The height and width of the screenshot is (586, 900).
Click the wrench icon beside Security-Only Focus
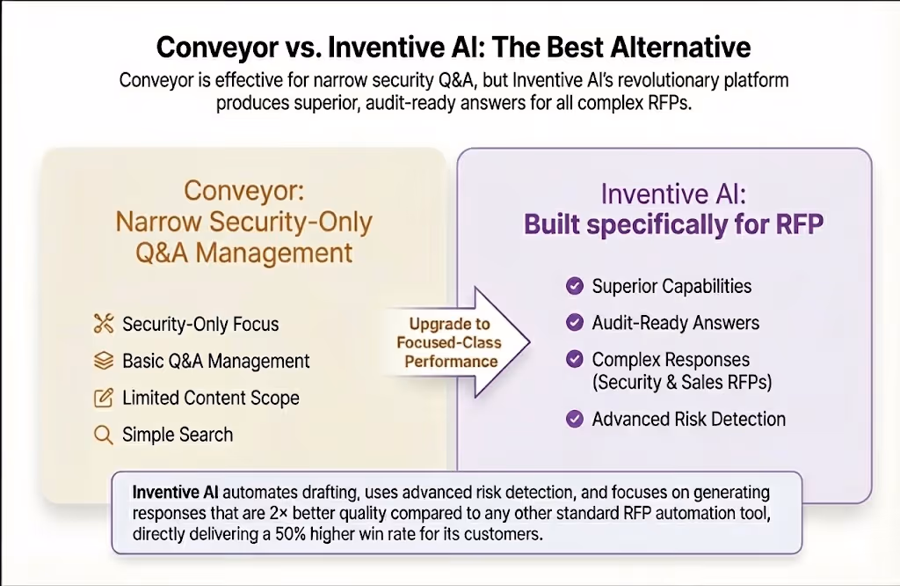coord(104,324)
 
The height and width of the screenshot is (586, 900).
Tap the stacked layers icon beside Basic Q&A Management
coord(104,361)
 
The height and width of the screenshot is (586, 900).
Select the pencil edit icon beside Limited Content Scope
coord(104,398)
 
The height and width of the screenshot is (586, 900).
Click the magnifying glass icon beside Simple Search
coord(104,435)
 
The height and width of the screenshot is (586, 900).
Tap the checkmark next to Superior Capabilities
coord(575,286)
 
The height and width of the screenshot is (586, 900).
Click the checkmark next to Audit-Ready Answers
coord(575,323)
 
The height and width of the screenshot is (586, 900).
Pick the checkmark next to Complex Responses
coord(575,359)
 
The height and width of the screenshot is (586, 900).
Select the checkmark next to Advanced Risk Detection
coord(575,419)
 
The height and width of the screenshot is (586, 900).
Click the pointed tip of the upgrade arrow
coord(530,341)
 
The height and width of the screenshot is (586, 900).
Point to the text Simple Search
coord(178,435)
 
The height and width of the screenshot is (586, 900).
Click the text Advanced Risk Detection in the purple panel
coord(688,419)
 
